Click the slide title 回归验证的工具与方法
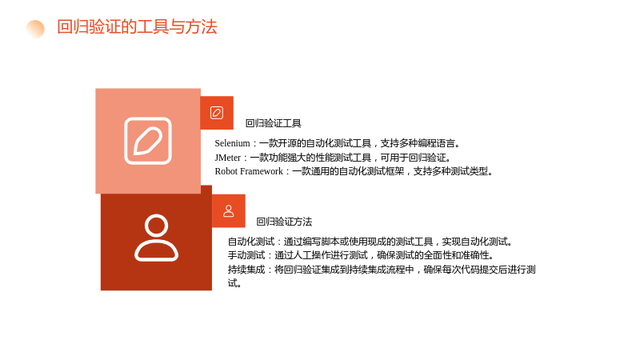[137, 27]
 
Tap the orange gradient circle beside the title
[35, 29]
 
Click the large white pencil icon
[148, 141]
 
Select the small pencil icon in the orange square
[217, 113]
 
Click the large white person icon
[156, 238]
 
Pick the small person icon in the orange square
[229, 211]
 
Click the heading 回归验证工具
[273, 123]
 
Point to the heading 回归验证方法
[284, 222]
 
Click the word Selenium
[232, 143]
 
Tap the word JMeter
[228, 158]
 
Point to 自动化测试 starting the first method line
[251, 242]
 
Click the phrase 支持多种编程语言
[418, 143]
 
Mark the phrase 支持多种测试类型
[450, 171]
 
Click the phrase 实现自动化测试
[474, 242]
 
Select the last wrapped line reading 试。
[234, 283]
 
